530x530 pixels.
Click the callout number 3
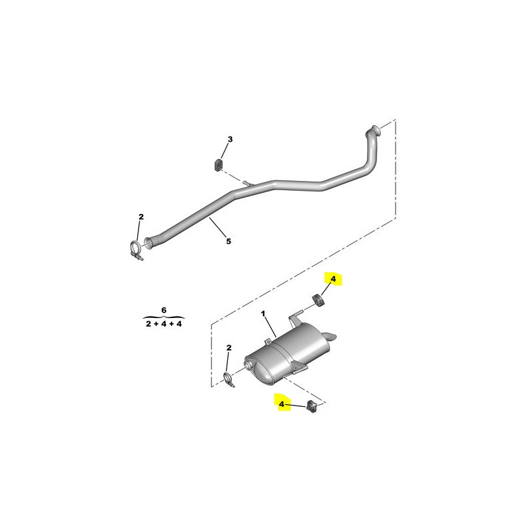230,139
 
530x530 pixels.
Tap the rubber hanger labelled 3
219,164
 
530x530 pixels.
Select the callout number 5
229,241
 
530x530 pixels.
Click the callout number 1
263,314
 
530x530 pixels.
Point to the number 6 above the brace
164,310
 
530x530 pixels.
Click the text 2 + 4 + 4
164,324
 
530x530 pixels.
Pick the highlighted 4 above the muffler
333,279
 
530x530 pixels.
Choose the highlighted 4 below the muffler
282,404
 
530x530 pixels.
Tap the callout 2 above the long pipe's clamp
141,217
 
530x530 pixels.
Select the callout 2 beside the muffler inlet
229,347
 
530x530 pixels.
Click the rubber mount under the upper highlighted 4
317,301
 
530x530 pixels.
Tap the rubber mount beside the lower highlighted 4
311,406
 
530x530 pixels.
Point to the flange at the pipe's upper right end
374,130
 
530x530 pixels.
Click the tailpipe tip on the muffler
329,337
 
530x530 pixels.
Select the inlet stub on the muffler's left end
248,364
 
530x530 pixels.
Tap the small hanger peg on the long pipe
247,184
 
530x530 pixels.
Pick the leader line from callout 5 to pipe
218,227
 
